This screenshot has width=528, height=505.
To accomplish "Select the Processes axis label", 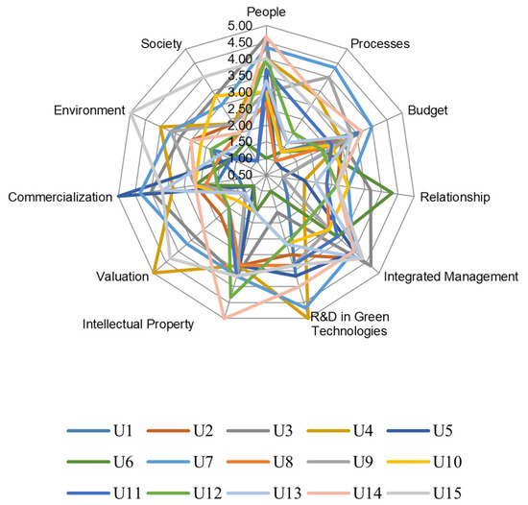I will point(379,43).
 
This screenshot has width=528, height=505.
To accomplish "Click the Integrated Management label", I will point(450,277).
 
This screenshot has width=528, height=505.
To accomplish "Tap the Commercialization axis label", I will point(60,197).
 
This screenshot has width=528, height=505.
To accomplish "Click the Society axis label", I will point(160,43).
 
